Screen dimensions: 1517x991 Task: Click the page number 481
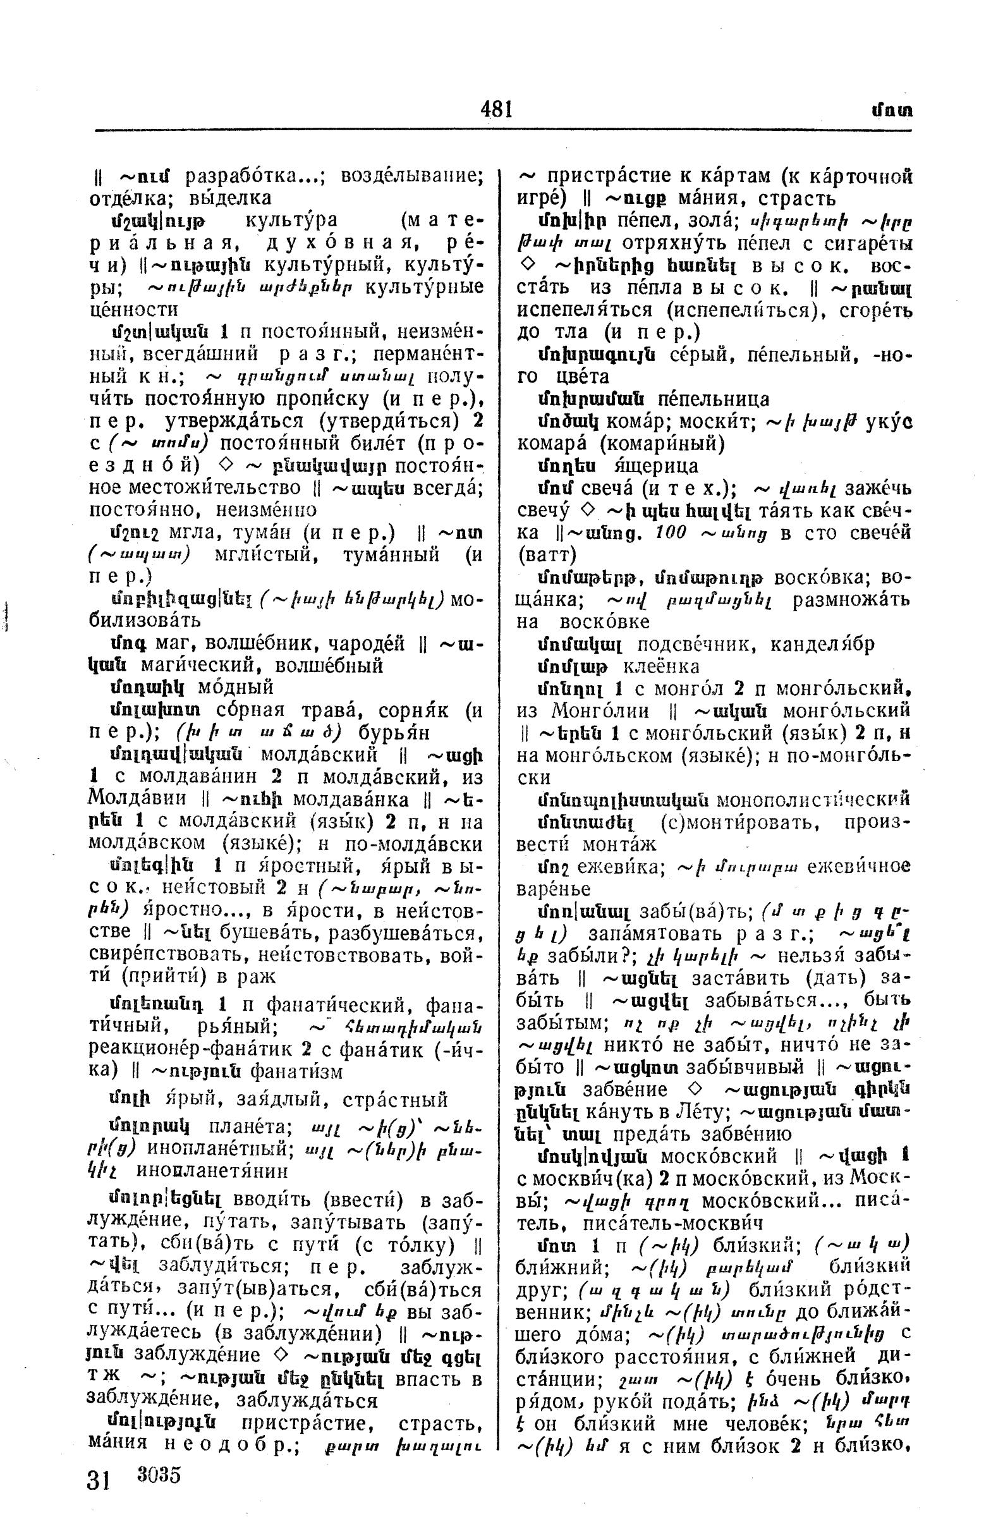(x=497, y=109)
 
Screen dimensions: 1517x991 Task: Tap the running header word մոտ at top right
(x=892, y=110)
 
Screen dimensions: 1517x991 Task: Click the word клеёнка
(x=661, y=667)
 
